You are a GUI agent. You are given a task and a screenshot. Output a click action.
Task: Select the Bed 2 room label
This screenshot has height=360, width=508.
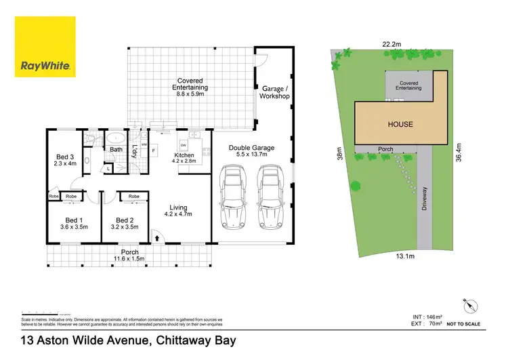click(x=127, y=224)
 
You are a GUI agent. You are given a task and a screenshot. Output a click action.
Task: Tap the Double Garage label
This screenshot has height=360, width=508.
click(x=251, y=151)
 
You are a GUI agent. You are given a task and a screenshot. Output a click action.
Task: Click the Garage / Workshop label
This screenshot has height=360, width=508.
click(x=274, y=92)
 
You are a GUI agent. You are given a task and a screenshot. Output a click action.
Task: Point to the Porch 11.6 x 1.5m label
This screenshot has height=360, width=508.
click(x=129, y=256)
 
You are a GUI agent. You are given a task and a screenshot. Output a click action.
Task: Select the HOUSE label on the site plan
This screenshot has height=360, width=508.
click(x=400, y=124)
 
